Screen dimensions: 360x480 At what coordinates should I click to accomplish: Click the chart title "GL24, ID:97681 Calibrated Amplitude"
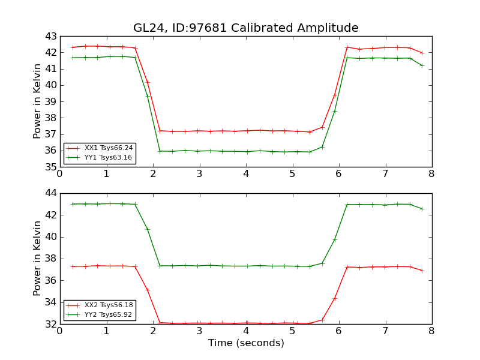(x=245, y=28)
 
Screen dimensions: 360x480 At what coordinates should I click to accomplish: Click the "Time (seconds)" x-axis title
(x=246, y=343)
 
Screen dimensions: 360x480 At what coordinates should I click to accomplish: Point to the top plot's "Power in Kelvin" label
(x=37, y=101)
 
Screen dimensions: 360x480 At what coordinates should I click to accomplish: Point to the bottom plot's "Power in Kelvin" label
(x=37, y=258)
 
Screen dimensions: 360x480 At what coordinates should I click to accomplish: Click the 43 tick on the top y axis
(x=50, y=36)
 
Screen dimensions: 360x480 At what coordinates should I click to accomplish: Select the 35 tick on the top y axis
(x=50, y=167)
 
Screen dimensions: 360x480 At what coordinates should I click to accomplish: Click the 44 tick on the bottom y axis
(x=50, y=193)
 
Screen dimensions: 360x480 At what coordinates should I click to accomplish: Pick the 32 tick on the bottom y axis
(x=50, y=324)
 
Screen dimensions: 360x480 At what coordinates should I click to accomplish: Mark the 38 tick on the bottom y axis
(x=50, y=259)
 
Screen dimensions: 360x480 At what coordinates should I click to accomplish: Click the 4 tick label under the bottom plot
(x=245, y=332)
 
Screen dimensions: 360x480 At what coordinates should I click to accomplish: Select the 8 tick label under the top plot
(x=431, y=175)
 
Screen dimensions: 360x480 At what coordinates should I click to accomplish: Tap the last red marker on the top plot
(x=422, y=53)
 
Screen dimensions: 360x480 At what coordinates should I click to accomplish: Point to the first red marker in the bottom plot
(x=73, y=266)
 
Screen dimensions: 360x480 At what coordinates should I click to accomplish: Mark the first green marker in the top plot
(x=73, y=58)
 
